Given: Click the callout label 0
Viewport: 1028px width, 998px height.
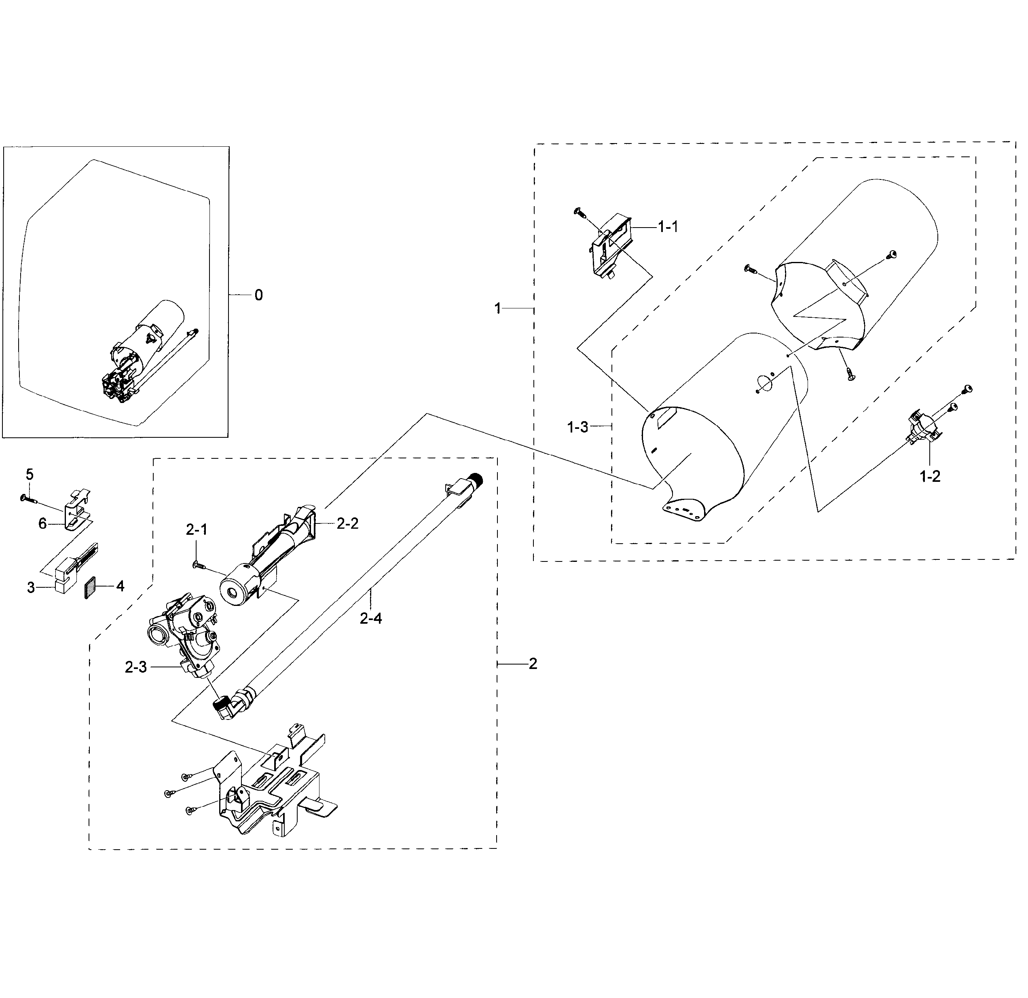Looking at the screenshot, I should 258,295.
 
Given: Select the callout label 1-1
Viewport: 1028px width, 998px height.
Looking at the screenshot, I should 668,226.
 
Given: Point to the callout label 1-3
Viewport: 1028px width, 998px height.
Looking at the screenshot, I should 577,427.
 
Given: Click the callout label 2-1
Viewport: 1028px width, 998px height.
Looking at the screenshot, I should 197,530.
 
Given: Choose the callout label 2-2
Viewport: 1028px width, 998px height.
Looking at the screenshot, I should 347,523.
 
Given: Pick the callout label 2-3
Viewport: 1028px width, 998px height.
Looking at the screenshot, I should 136,667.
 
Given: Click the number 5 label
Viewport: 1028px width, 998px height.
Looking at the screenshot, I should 30,475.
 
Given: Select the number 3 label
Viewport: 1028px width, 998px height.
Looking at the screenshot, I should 31,588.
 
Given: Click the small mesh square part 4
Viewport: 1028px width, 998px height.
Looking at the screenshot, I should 91,587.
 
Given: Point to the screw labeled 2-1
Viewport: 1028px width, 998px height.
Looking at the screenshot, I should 199,565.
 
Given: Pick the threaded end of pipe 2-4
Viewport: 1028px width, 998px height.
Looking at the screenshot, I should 477,478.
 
